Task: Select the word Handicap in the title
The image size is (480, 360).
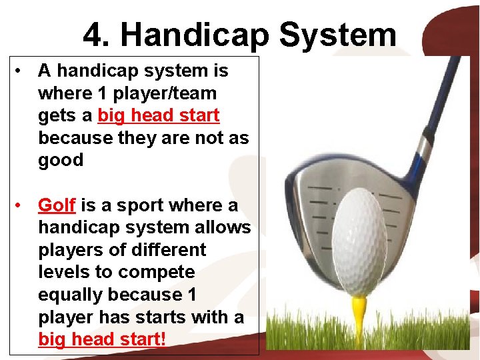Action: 193,35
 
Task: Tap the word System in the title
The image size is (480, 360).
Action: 338,35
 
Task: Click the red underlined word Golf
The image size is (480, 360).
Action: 57,205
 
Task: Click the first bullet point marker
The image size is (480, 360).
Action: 21,71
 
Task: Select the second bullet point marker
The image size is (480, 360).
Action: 21,205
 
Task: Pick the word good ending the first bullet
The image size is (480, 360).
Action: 61,161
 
